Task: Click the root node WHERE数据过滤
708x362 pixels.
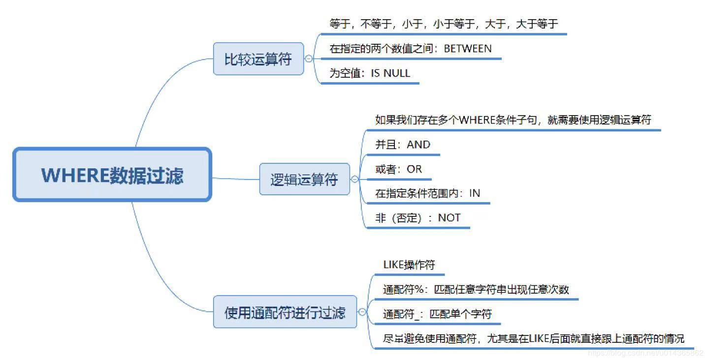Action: point(112,175)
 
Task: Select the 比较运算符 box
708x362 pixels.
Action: point(258,60)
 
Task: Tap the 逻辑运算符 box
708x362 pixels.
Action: point(304,179)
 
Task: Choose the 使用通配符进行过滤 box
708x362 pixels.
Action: point(285,312)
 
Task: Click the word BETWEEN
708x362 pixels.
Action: point(468,48)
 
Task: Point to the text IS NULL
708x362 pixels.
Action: point(390,73)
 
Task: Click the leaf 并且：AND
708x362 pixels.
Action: point(402,145)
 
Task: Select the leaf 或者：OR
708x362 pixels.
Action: point(398,169)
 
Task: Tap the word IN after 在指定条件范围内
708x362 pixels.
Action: point(475,193)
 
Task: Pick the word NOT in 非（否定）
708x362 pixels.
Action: point(449,217)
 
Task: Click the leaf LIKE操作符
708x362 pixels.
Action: point(409,265)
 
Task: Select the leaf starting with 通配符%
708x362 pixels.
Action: point(476,289)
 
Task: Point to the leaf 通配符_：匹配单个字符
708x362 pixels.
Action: point(437,314)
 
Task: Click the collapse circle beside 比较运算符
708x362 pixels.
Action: point(309,59)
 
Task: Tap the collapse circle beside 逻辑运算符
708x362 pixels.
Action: point(354,179)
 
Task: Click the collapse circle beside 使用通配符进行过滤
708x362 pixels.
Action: point(362,312)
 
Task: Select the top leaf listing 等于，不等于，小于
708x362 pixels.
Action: point(443,24)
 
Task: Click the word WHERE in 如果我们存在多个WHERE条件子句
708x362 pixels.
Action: point(480,120)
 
